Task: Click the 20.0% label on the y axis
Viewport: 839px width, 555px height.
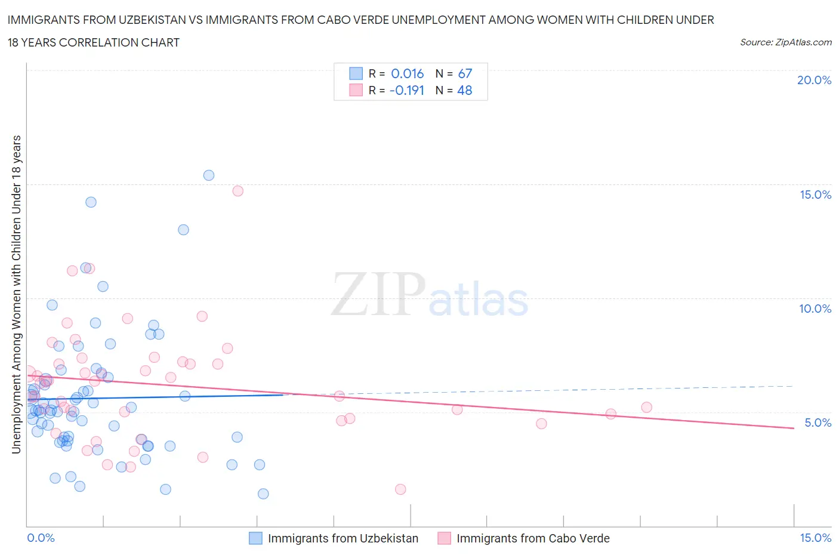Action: [x=814, y=80]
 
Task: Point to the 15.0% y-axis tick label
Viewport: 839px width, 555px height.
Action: [x=815, y=195]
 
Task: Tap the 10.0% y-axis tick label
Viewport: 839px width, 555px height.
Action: [x=815, y=309]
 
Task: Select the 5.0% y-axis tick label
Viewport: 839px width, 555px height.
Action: [x=818, y=423]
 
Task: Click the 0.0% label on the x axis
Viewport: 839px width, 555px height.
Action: [x=41, y=538]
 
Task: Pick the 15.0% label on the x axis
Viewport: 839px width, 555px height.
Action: [x=815, y=538]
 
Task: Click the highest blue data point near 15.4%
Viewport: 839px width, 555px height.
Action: [x=209, y=175]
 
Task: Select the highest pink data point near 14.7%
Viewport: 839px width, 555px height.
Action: [x=237, y=191]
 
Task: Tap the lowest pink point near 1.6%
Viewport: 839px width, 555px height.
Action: [x=400, y=489]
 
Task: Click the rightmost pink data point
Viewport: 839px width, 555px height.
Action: [x=647, y=408]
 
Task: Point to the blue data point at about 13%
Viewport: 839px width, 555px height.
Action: [x=183, y=230]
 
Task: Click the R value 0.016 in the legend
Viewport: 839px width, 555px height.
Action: [x=407, y=73]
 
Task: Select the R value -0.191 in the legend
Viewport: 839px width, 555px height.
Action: [x=406, y=90]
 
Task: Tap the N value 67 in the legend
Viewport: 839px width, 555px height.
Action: [x=465, y=73]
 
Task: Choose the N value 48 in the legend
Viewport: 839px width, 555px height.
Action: [x=465, y=90]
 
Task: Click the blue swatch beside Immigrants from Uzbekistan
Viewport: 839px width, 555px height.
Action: [x=255, y=538]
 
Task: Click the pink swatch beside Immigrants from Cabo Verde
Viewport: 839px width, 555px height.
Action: [x=444, y=538]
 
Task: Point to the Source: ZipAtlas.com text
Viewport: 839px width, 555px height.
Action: [x=785, y=42]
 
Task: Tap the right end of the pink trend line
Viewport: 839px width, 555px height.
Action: [x=794, y=428]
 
